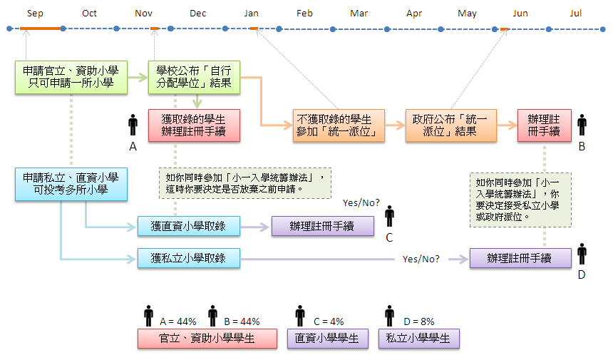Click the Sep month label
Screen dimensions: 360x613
(x=35, y=13)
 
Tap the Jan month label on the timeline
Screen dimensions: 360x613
(x=251, y=13)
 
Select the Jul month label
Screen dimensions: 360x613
(x=576, y=13)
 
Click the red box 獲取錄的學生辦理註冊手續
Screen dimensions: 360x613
(x=195, y=125)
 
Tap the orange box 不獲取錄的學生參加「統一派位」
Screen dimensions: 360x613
(x=339, y=125)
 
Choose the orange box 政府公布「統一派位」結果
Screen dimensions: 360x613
(x=450, y=125)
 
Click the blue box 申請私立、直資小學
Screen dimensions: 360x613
(x=71, y=183)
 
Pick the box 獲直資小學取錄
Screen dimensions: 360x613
(x=188, y=226)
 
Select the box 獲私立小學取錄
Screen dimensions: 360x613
(x=188, y=258)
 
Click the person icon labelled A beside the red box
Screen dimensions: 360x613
(x=133, y=125)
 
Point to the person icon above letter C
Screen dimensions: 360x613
(x=389, y=217)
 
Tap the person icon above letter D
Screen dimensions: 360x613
(x=582, y=254)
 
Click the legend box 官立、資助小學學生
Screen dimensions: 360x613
(x=207, y=339)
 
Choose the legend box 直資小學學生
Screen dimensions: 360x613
(x=327, y=339)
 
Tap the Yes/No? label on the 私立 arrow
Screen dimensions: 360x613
(x=421, y=259)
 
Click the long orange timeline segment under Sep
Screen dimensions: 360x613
(x=41, y=29)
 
